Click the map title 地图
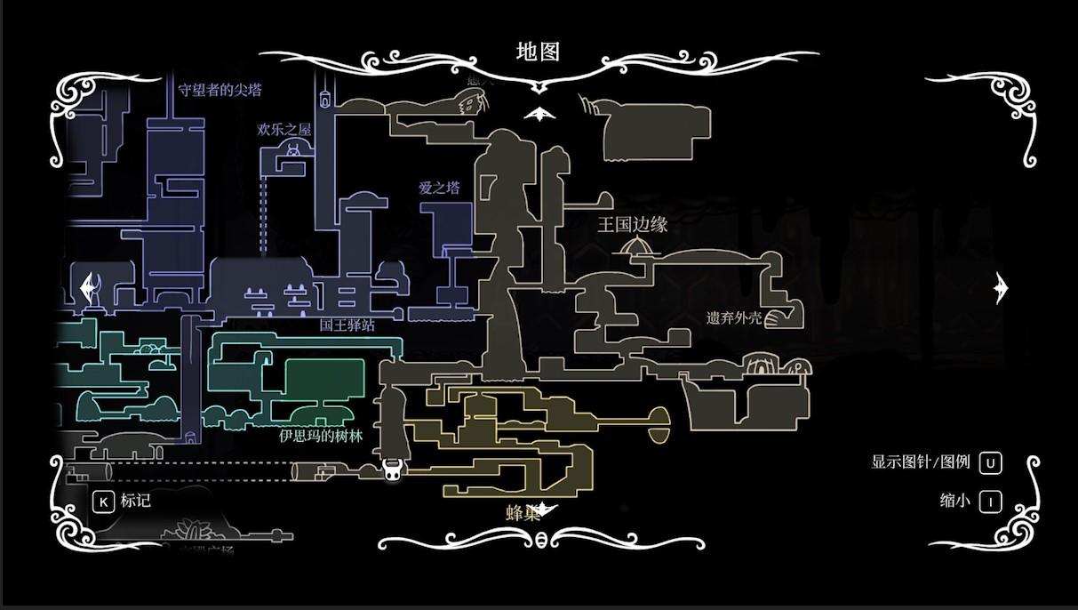click(x=538, y=52)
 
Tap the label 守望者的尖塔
click(x=220, y=90)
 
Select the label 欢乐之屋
click(x=284, y=129)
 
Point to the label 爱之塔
click(x=439, y=188)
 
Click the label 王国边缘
click(x=632, y=224)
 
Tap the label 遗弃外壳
click(x=734, y=317)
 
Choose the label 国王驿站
click(x=347, y=325)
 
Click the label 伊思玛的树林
click(x=321, y=436)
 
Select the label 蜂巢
click(x=523, y=513)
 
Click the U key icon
click(x=990, y=463)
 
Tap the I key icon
click(x=990, y=502)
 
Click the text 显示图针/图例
click(x=921, y=462)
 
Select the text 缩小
click(x=954, y=501)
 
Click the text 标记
click(x=136, y=501)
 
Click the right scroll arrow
click(x=1002, y=288)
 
